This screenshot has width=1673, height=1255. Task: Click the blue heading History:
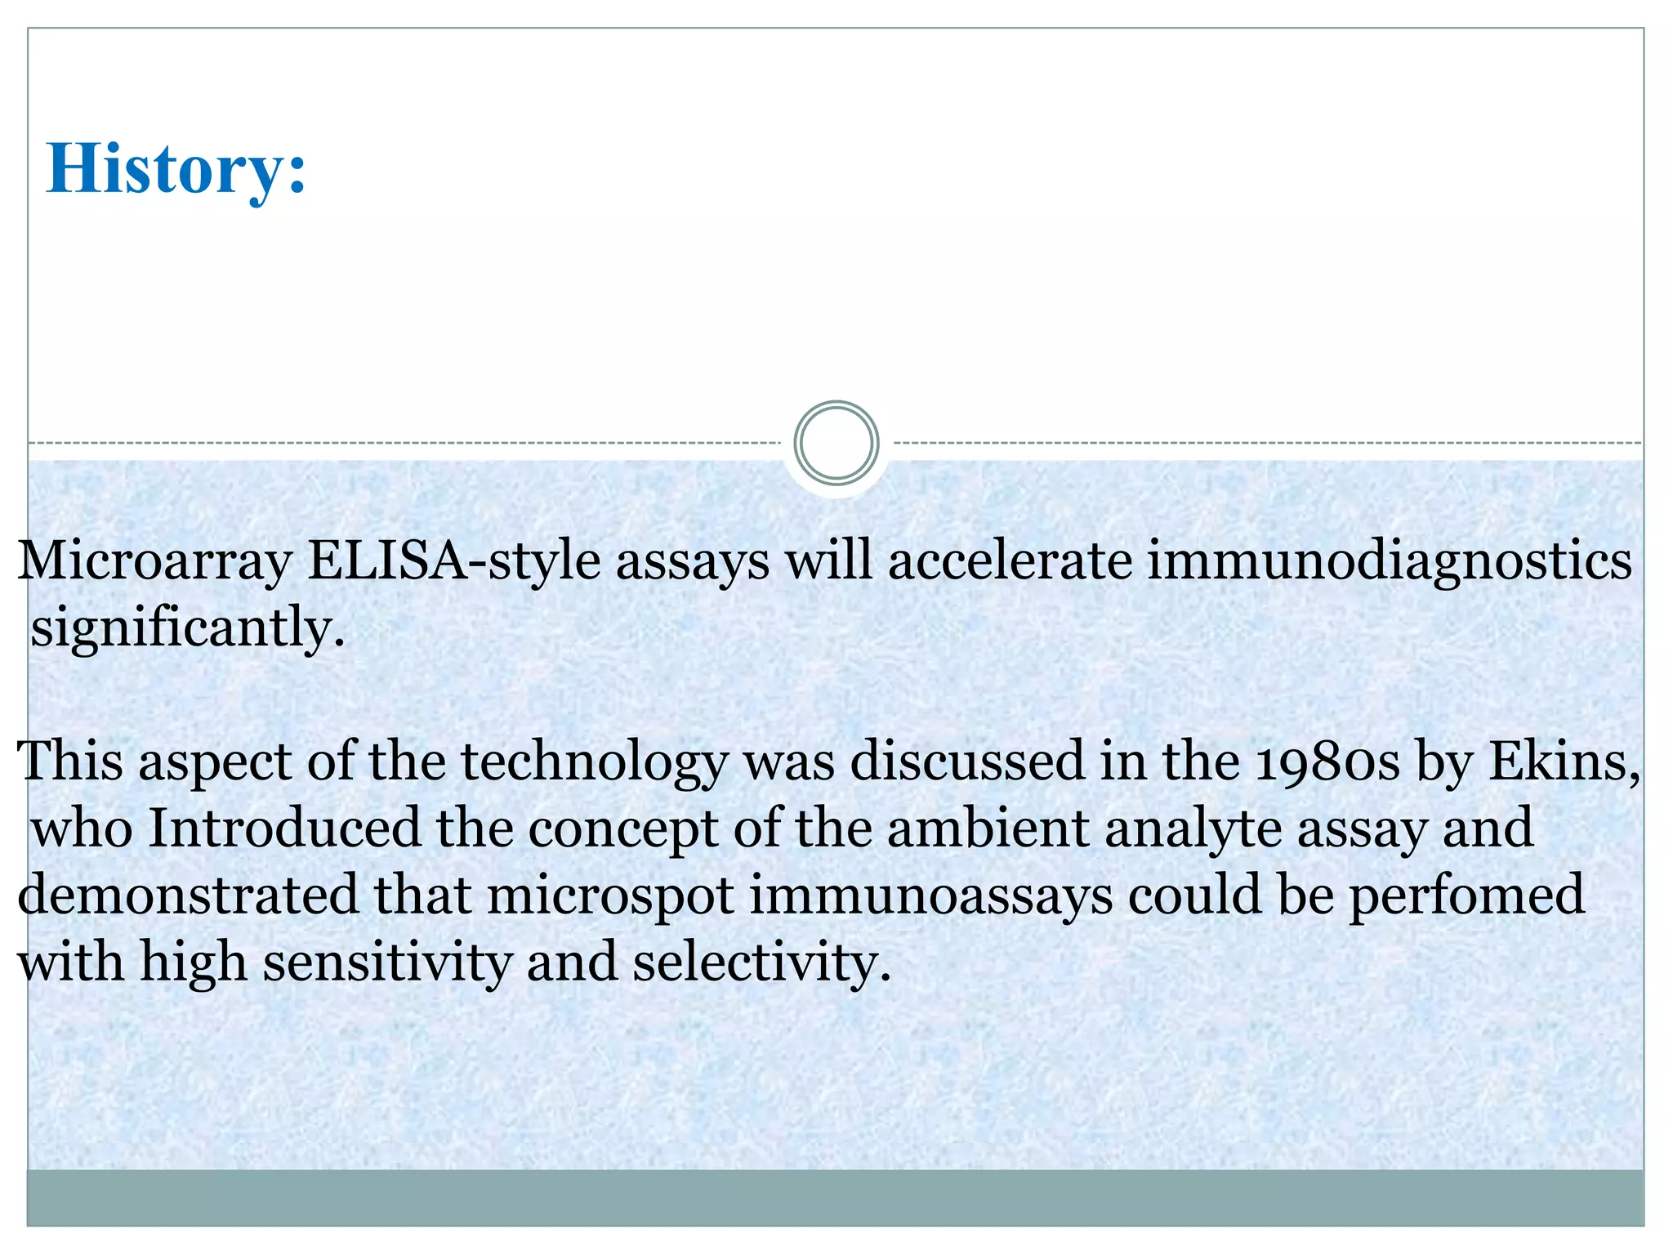click(176, 169)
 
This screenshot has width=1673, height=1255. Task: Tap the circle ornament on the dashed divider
click(836, 443)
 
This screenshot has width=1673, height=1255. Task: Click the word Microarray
click(154, 563)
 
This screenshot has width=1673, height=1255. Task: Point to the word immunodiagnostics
click(1389, 561)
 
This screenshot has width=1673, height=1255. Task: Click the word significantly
click(187, 629)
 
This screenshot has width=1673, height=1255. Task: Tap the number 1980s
click(1327, 761)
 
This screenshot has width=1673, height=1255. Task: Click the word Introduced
click(284, 828)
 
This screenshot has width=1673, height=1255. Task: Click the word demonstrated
click(188, 895)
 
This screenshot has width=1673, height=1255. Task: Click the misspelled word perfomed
click(1466, 895)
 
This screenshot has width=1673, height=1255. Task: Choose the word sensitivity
click(388, 962)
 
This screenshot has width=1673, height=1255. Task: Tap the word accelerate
click(1010, 561)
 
